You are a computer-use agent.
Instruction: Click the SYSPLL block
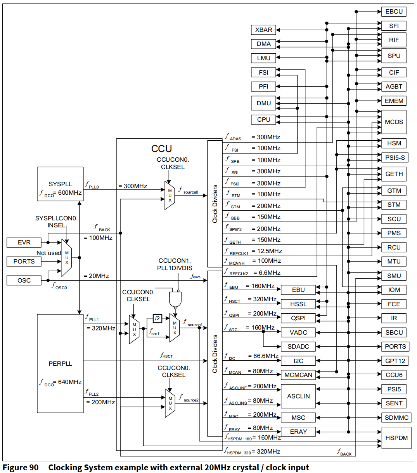(x=60, y=184)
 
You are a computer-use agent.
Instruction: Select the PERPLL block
(x=60, y=363)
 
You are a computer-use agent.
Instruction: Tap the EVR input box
(x=24, y=243)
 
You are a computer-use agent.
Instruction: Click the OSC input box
(x=24, y=280)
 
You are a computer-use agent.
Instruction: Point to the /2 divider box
(x=157, y=318)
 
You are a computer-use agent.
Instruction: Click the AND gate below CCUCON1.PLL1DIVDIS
(x=175, y=299)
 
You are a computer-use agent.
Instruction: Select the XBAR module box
(x=263, y=30)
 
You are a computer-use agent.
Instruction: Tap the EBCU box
(x=394, y=11)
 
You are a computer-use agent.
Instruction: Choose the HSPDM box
(x=396, y=438)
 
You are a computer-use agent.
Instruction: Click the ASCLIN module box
(x=298, y=396)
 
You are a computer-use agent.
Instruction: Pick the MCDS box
(x=394, y=122)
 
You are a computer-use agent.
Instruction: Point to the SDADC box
(x=298, y=346)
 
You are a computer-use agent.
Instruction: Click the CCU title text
(x=161, y=148)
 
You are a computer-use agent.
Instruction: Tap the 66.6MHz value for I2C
(x=263, y=356)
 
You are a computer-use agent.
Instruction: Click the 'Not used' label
(x=48, y=253)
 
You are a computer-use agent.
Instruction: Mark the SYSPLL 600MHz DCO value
(x=70, y=193)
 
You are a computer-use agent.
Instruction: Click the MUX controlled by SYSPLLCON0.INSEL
(x=67, y=258)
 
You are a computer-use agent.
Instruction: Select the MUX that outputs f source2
(x=170, y=403)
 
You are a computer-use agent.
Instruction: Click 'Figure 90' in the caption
(x=21, y=468)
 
